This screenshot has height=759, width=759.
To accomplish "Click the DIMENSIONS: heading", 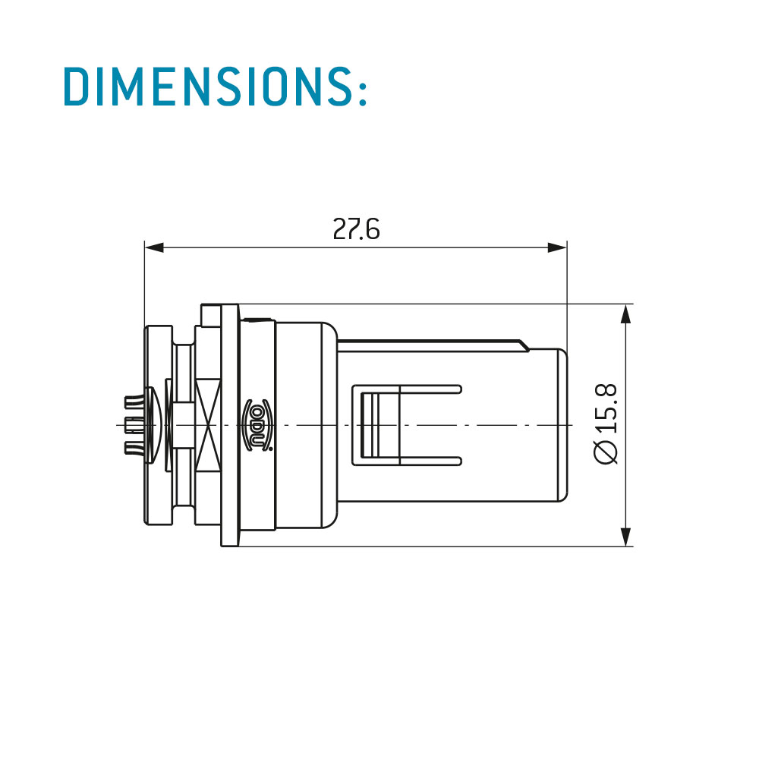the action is coord(216,87).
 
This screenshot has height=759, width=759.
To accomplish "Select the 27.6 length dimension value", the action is coord(356,229).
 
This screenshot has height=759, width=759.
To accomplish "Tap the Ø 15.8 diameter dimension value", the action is coord(606,424).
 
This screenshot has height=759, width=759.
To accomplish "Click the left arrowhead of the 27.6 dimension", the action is coord(154,248).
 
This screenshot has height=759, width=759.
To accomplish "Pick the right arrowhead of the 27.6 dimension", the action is coord(556,248).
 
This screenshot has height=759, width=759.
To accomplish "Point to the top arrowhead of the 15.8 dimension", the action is coord(626,314).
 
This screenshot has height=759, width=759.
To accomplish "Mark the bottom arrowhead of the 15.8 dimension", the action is coord(626,537).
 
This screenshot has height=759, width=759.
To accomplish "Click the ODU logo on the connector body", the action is coord(257,425).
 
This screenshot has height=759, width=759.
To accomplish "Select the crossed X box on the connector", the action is coord(208,425).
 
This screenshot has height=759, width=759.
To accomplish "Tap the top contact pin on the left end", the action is coord(134,402).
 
